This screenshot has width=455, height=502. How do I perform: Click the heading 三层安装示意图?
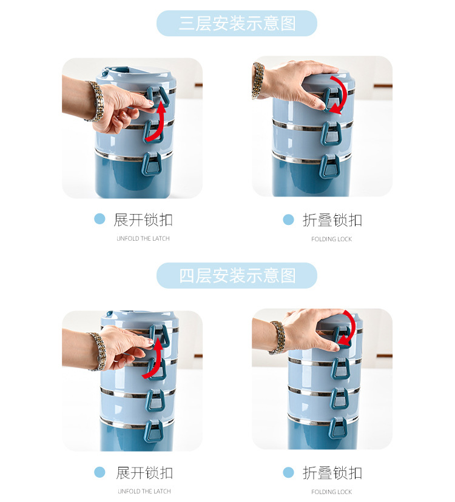[x=237, y=24]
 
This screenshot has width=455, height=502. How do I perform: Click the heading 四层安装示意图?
[x=237, y=276]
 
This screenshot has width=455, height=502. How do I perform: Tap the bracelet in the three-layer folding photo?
[x=258, y=79]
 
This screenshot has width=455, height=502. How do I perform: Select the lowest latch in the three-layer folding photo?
[x=329, y=166]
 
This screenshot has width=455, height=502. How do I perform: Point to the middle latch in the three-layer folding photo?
[x=331, y=133]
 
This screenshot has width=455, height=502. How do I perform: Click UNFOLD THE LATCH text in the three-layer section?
[x=143, y=239]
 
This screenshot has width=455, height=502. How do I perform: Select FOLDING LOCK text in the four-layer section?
[x=331, y=492]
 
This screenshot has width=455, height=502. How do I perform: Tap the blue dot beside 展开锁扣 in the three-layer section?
[x=99, y=219]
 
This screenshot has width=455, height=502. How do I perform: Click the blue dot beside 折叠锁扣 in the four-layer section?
[x=288, y=472]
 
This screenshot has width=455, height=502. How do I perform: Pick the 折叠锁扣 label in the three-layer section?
[x=332, y=220]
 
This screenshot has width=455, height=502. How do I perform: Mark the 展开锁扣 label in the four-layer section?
[x=144, y=472]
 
